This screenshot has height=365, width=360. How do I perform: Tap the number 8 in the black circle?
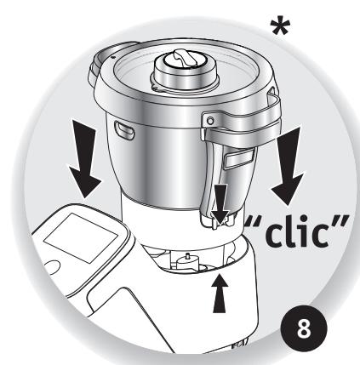coord(304,329)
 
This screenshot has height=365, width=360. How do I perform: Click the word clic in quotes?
coord(297,233)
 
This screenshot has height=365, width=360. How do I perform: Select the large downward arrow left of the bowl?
coord(85,159)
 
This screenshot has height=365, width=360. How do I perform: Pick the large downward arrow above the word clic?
coord(289,166)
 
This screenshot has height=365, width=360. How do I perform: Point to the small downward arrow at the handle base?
coord(220,204)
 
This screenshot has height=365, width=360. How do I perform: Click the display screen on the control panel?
coord(81,237)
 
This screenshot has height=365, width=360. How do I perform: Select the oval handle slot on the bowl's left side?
coord(124,129)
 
